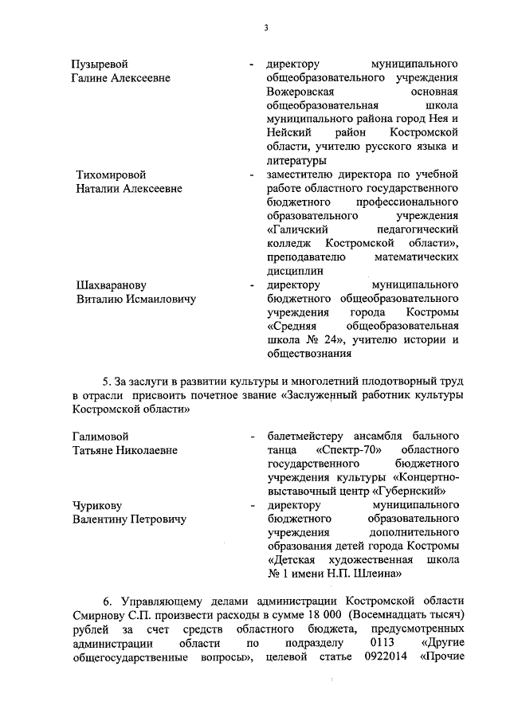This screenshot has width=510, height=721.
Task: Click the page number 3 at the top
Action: click(266, 29)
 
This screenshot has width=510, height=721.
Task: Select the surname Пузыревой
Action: click(100, 63)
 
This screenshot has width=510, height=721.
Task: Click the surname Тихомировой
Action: click(111, 174)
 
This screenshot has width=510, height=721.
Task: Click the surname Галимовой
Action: click(100, 436)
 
